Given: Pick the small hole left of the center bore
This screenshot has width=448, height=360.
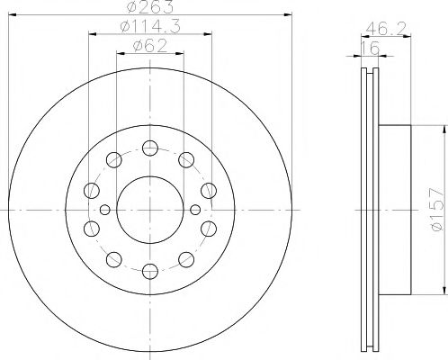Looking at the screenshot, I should (x=105, y=210).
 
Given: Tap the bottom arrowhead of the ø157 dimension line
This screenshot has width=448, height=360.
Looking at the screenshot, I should (x=444, y=292).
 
